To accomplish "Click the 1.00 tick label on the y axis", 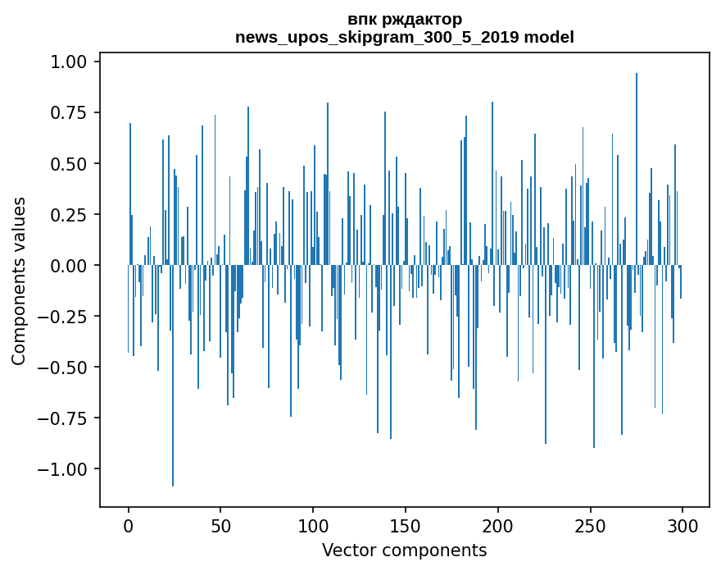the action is pyautogui.click(x=69, y=62).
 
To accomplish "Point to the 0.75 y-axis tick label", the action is pyautogui.click(x=69, y=112).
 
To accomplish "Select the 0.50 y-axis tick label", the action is pyautogui.click(x=69, y=163).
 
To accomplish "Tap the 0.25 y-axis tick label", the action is pyautogui.click(x=69, y=215).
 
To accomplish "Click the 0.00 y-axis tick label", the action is pyautogui.click(x=69, y=265).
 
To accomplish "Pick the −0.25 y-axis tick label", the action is pyautogui.click(x=62, y=317).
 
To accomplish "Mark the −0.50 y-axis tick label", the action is pyautogui.click(x=62, y=367).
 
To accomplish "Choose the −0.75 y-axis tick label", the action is pyautogui.click(x=62, y=418).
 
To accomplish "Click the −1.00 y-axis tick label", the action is pyautogui.click(x=62, y=468).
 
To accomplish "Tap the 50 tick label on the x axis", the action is pyautogui.click(x=220, y=526).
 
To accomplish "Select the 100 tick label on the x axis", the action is pyautogui.click(x=313, y=526).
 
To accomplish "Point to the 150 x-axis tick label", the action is pyautogui.click(x=406, y=526).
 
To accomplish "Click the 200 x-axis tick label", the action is pyautogui.click(x=498, y=526).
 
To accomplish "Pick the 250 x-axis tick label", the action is pyautogui.click(x=591, y=526).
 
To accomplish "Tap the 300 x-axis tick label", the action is pyautogui.click(x=682, y=526).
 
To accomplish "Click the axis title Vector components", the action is pyautogui.click(x=404, y=550).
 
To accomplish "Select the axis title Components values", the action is pyautogui.click(x=18, y=281).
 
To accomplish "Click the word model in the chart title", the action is pyautogui.click(x=549, y=37).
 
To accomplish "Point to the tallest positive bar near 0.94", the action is pyautogui.click(x=637, y=169).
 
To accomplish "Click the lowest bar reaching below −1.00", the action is pyautogui.click(x=173, y=376).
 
